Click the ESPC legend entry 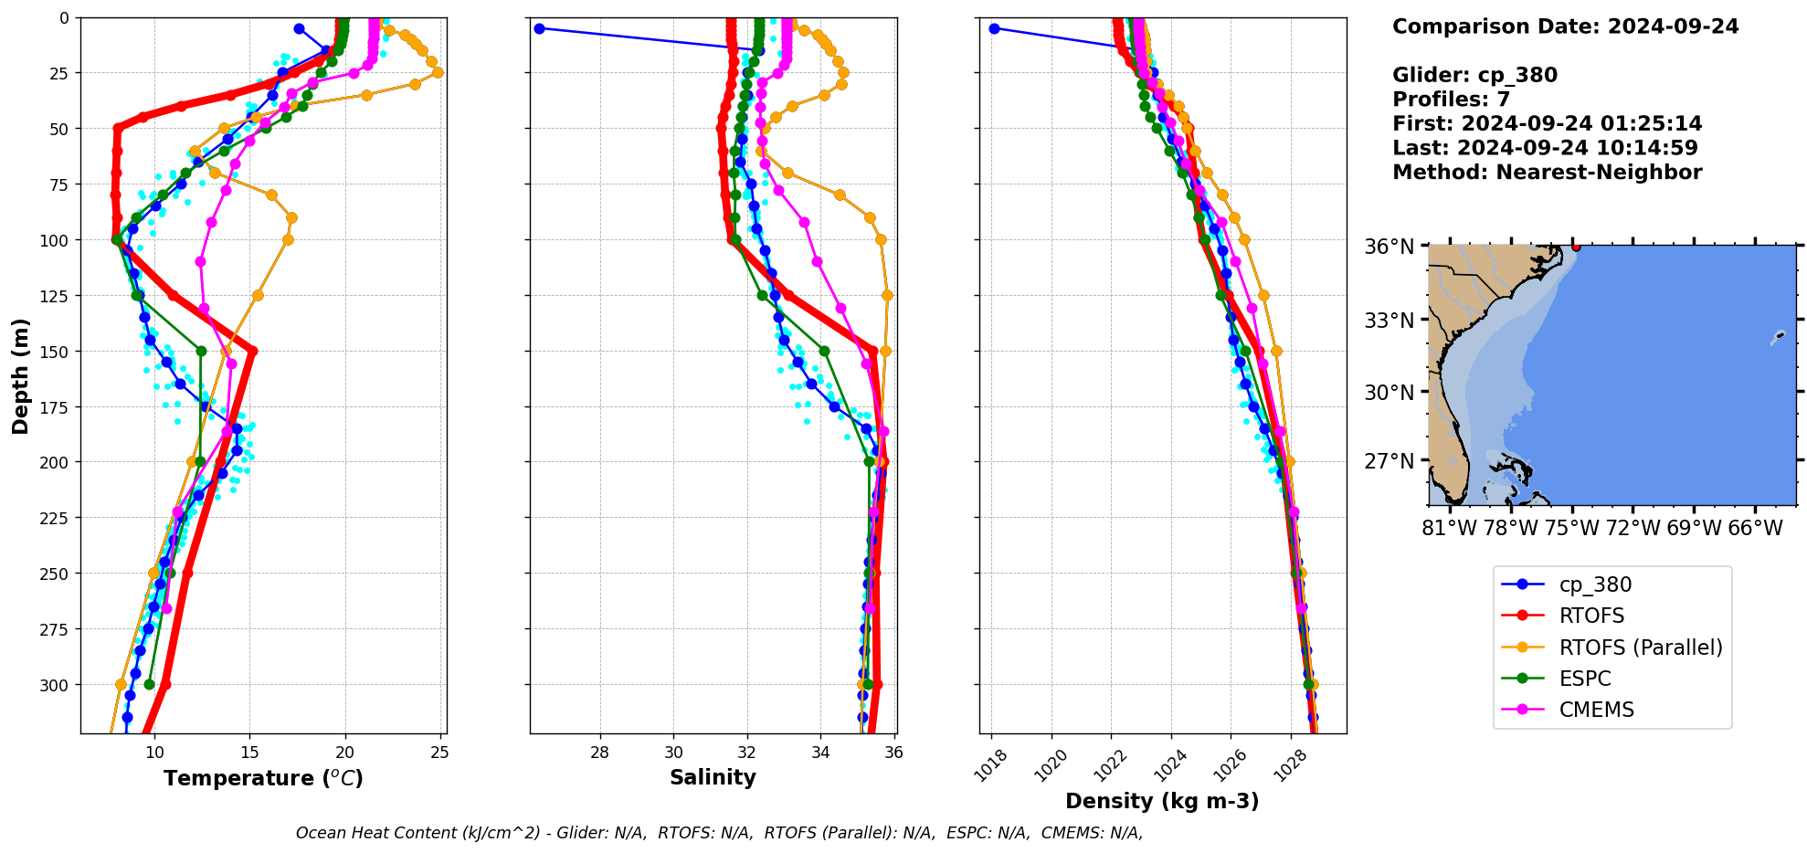[1585, 679]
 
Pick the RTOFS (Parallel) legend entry [1640, 648]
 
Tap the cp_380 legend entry [1595, 584]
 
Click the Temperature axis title [263, 778]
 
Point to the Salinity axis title [713, 777]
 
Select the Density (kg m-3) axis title [1162, 801]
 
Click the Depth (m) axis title [21, 375]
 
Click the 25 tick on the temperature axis [439, 753]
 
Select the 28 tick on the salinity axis [600, 753]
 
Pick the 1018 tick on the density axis [992, 765]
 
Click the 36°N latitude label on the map [1389, 247]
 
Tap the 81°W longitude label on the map [1449, 528]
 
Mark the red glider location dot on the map [1576, 247]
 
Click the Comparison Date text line [1565, 26]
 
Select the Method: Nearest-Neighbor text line [1547, 173]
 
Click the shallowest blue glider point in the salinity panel [539, 28]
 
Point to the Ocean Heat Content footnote [719, 833]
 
